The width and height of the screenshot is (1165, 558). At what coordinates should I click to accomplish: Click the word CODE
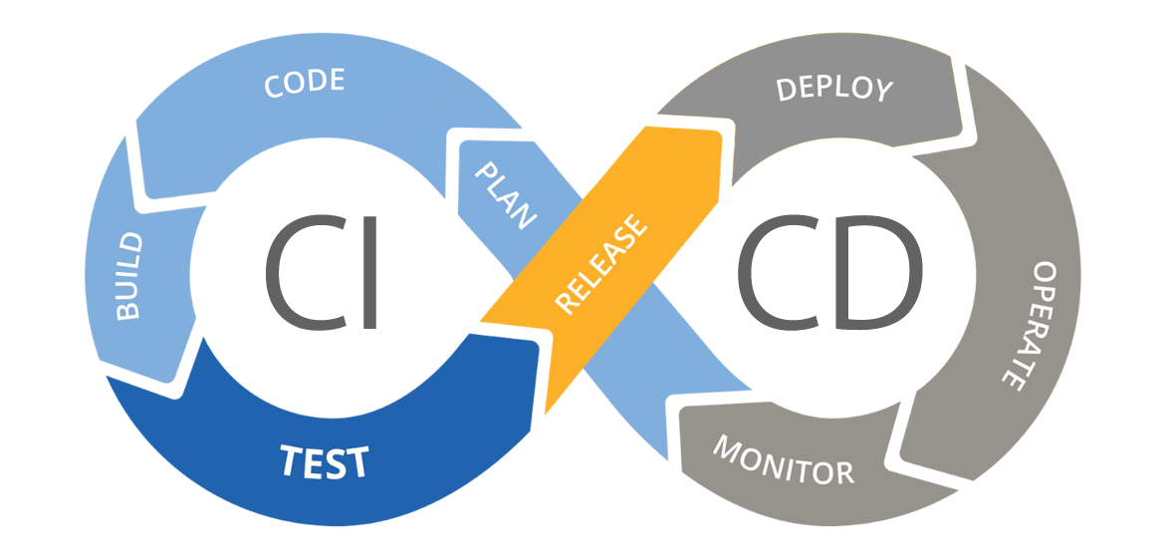[x=305, y=83]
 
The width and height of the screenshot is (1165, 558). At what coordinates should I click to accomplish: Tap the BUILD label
[x=128, y=276]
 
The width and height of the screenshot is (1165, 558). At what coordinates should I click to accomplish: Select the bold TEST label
[x=325, y=460]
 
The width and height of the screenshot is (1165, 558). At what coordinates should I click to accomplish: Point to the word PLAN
[x=505, y=195]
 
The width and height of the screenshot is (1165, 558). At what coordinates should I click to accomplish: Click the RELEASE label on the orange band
[x=601, y=263]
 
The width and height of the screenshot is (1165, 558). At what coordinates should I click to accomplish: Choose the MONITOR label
[x=783, y=459]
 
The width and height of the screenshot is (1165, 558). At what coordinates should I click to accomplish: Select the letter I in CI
[x=370, y=272]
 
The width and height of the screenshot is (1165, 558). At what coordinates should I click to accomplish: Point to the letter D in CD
[x=878, y=272]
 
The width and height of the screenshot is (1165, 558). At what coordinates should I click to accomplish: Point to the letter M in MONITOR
[x=729, y=445]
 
